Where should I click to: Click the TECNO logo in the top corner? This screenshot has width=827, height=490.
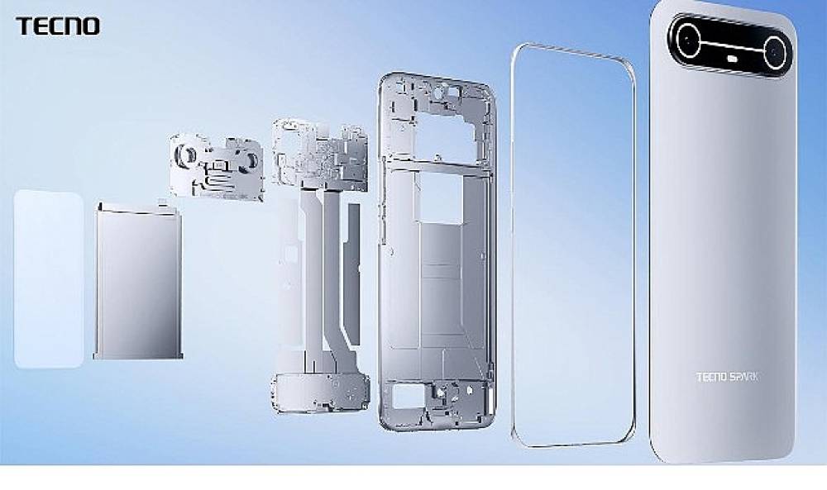pyautogui.click(x=58, y=26)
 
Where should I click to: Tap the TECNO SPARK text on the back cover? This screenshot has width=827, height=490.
pyautogui.click(x=727, y=377)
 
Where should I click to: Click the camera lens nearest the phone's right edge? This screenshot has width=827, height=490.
pyautogui.click(x=775, y=53)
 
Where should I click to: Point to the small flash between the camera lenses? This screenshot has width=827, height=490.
pyautogui.click(x=732, y=60)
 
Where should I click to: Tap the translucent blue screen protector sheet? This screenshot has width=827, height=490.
pyautogui.click(x=48, y=278)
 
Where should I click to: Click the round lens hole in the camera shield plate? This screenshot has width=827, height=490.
pyautogui.click(x=189, y=154)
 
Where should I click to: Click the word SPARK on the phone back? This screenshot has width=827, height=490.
pyautogui.click(x=744, y=377)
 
